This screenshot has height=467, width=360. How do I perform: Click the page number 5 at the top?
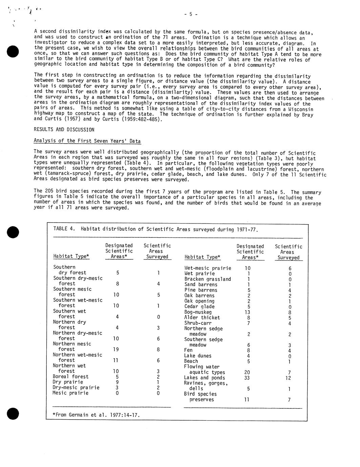coord(191,14)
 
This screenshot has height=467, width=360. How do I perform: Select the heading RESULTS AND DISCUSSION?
coord(64,130)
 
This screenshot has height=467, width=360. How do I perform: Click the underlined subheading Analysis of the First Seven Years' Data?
coord(87,141)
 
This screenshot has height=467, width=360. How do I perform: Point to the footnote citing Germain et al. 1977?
coord(96,415)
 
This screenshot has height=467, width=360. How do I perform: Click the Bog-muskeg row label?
coord(198,312)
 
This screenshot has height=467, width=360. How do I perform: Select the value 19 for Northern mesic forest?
coord(116,349)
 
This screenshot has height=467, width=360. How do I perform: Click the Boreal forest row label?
coord(70,377)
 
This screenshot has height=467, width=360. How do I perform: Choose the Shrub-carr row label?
coord(198,323)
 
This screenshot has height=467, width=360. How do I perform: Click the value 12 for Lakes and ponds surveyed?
coord(288,378)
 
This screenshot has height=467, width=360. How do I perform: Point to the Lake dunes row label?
coord(198,356)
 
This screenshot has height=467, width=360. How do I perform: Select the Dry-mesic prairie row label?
coord(76,387)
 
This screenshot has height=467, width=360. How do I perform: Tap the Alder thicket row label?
coord(202,318)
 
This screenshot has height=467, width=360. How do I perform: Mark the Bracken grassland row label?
coord(207,279)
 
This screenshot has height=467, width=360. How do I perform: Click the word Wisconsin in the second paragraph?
coord(301,109)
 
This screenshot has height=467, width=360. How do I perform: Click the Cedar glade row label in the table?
coord(199,306)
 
